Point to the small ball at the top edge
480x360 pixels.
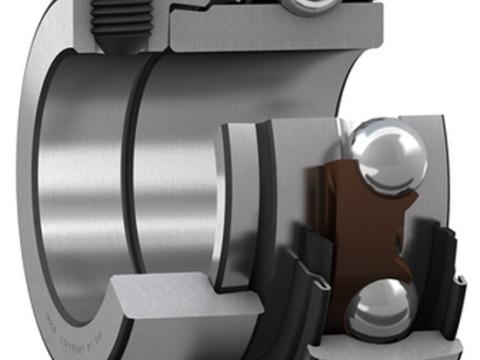coord(307,6)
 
